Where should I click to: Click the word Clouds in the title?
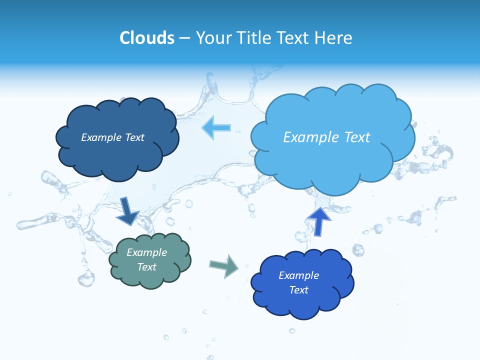tap(147, 38)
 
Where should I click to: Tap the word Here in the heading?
tap(334, 38)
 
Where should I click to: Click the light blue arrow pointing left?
tap(216, 128)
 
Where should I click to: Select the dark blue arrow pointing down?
tap(127, 211)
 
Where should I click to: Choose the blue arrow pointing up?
tap(319, 221)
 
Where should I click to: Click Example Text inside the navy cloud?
tap(112, 137)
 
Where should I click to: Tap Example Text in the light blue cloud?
tap(326, 137)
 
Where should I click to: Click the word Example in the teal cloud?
tap(146, 252)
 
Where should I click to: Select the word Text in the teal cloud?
tap(146, 267)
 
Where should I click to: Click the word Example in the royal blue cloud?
tap(298, 275)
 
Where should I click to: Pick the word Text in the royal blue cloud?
tap(298, 290)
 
